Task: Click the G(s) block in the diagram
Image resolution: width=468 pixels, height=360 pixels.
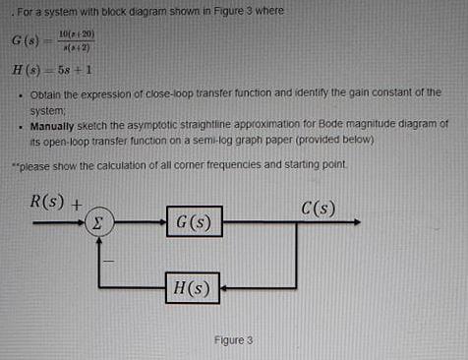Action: tap(194, 222)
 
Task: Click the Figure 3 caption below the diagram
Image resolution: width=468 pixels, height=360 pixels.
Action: tap(233, 340)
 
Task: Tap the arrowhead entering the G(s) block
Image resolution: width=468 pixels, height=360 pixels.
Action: tap(161, 222)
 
